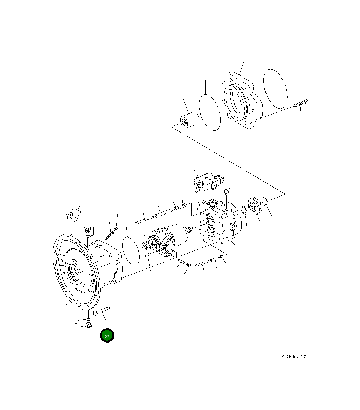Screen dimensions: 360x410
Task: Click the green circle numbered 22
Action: [x=107, y=336]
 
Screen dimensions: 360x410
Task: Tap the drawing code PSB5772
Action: [x=294, y=356]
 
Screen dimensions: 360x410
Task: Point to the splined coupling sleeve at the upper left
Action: [x=190, y=120]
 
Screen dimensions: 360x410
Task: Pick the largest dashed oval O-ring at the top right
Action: [x=275, y=89]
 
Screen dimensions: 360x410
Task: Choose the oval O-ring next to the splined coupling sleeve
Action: [x=209, y=112]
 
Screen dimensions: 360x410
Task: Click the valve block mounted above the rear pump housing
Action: [x=208, y=183]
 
